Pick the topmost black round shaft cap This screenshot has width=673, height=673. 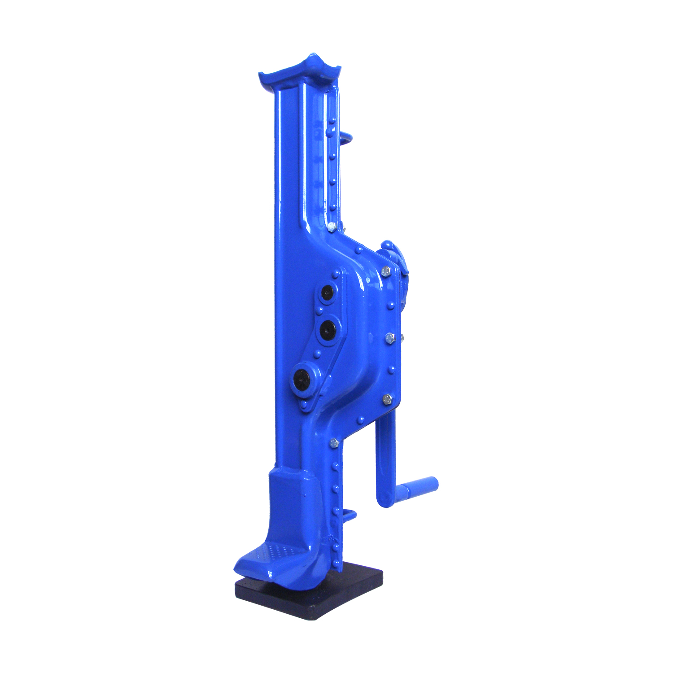point(327,293)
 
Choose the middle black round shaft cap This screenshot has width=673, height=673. point(329,330)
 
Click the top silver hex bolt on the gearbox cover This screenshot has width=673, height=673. point(385,271)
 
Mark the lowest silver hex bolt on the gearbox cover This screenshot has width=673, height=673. point(387,399)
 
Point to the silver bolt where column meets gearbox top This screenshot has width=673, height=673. point(332,227)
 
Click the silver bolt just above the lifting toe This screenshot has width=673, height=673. point(333,443)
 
